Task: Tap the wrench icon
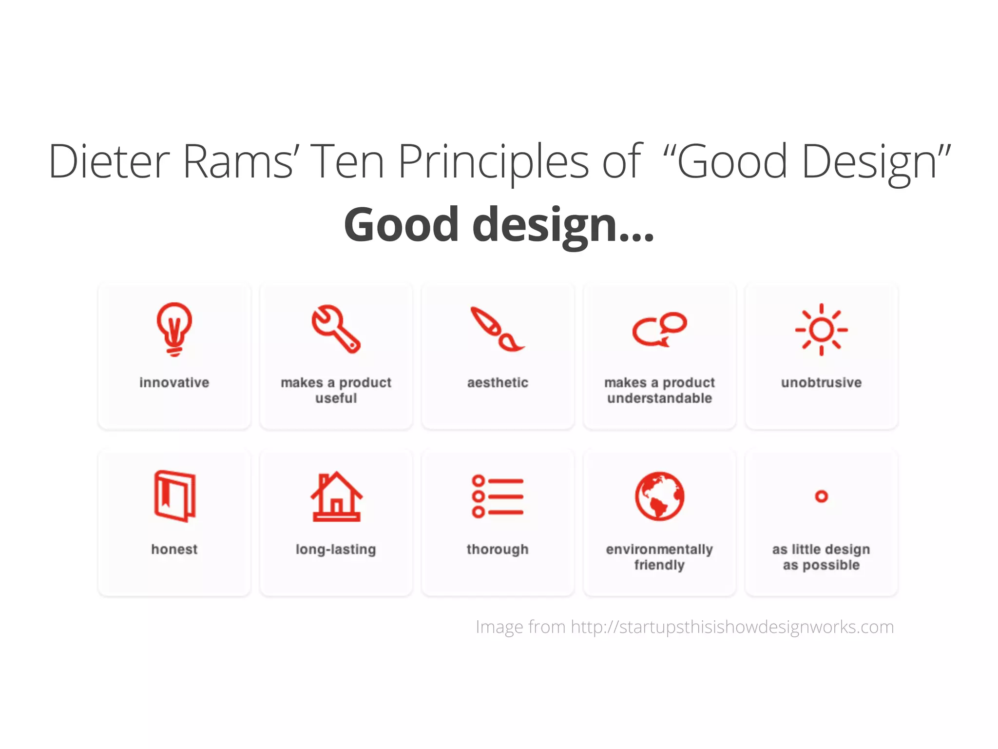(336, 329)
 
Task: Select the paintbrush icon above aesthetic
(497, 330)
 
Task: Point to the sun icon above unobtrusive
(821, 330)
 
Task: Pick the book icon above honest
(174, 496)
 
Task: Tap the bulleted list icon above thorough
(498, 496)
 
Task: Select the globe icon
(659, 496)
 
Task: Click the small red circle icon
(821, 496)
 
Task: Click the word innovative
(174, 383)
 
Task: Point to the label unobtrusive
(821, 383)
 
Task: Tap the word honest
(174, 550)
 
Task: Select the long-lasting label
(336, 550)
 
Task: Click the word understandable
(659, 398)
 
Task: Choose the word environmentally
(659, 550)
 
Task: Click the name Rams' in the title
(238, 161)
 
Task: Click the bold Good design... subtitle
(499, 225)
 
